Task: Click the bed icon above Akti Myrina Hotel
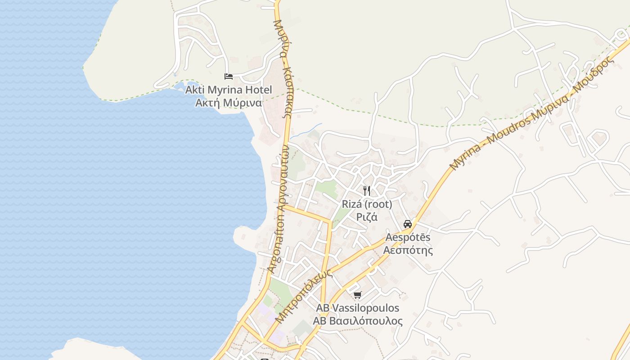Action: coord(229,76)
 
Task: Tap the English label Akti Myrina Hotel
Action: coord(229,90)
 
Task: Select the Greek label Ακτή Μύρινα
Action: coord(229,103)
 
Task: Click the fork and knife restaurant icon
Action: coord(367,191)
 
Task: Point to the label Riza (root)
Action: coord(367,204)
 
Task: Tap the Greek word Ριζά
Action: coord(367,217)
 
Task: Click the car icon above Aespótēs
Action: coord(408,224)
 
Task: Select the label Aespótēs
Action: coord(408,237)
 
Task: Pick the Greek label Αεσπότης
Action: coord(408,250)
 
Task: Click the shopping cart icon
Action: coord(358,295)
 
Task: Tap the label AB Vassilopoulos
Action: coord(358,308)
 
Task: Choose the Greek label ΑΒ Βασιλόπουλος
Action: coord(358,321)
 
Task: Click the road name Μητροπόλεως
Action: coord(304,296)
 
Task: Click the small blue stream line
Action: coord(306,130)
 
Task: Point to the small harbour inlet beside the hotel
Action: coord(180,85)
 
